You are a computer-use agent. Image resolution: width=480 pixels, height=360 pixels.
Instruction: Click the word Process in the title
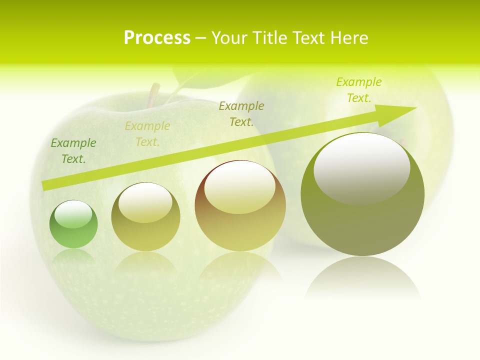157,38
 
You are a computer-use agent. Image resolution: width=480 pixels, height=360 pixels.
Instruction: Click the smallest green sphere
73,224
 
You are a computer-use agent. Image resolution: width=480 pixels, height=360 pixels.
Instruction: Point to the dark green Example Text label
73,150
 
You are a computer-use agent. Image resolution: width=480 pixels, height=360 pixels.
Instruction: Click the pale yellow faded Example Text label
147,133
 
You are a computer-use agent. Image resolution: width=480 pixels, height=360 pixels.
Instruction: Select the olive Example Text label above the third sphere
241,113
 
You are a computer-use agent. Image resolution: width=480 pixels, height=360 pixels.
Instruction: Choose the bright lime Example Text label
358,89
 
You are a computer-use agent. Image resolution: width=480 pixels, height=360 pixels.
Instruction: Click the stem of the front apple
153,95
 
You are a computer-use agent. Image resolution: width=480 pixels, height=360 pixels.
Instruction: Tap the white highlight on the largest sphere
361,168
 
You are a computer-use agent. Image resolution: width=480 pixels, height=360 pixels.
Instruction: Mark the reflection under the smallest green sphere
73,256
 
